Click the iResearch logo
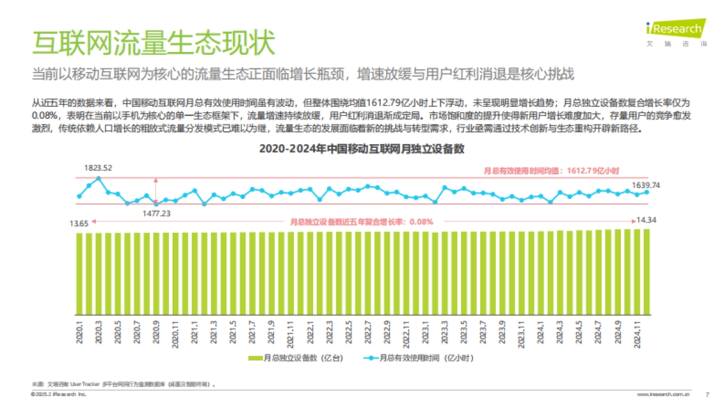pos(674,29)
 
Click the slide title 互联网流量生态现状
pos(154,43)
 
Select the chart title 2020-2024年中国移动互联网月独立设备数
pos(361,149)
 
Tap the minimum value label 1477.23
pos(157,213)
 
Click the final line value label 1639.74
pos(646,185)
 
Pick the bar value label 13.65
pos(79,224)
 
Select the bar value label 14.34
pos(649,221)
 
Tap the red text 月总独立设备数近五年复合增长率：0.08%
pos(361,221)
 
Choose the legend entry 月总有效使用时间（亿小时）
pos(416,358)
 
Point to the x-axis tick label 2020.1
pos(80,332)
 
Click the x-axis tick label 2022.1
pos(310,332)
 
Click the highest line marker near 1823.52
pos(98,178)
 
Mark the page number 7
pos(707,394)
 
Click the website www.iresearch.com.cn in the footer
pos(663,394)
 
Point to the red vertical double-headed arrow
pos(156,190)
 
